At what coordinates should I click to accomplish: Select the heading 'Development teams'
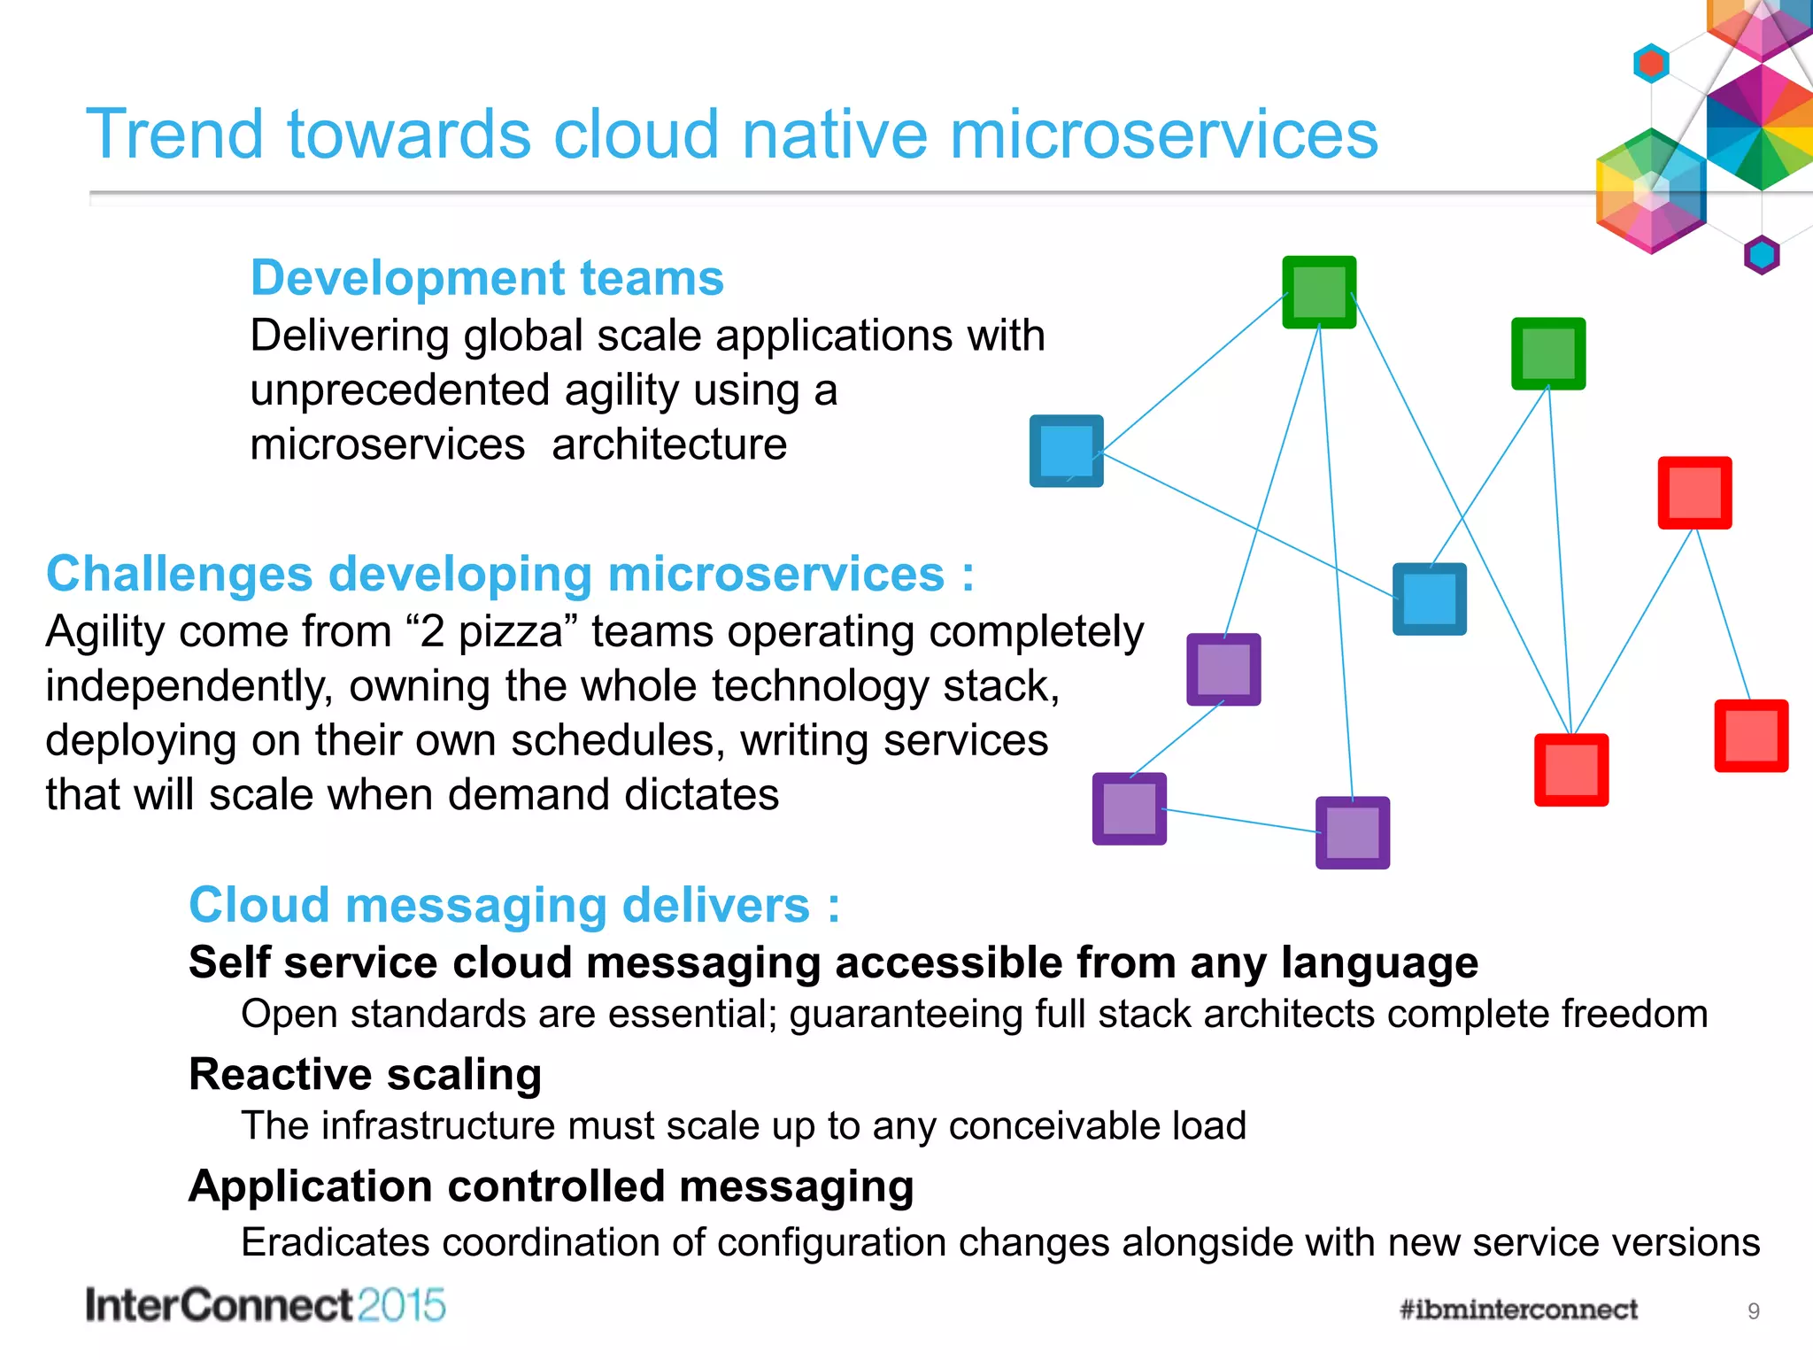coord(487,278)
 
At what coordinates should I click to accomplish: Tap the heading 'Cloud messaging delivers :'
coord(513,905)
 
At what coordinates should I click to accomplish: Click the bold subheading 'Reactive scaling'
coord(365,1074)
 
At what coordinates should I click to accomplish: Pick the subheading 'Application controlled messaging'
coord(551,1186)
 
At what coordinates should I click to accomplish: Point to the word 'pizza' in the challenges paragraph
coord(510,632)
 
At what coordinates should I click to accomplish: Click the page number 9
coord(1753,1311)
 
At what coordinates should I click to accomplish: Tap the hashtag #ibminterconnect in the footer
coord(1518,1310)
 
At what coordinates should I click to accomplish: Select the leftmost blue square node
coord(1066,451)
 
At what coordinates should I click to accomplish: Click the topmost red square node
coord(1694,492)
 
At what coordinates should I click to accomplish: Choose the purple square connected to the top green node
coord(1223,669)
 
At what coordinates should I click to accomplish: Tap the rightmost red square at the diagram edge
coord(1751,736)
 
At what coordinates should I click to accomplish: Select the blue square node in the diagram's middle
coord(1429,599)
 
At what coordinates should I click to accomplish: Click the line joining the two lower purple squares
coord(1239,820)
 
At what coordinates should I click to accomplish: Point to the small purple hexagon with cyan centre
coord(1761,255)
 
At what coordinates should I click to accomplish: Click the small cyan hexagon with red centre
coord(1651,64)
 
